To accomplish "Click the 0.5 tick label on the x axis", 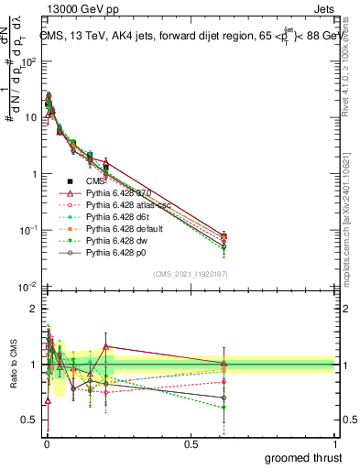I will pyautogui.click(x=191, y=443).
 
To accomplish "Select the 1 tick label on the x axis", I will pyautogui.click(x=335, y=443).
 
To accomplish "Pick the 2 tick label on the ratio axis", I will pyautogui.click(x=32, y=309).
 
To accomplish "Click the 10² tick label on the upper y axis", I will pyautogui.click(x=28, y=61).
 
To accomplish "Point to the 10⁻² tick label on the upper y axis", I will pyautogui.click(x=28, y=288).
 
